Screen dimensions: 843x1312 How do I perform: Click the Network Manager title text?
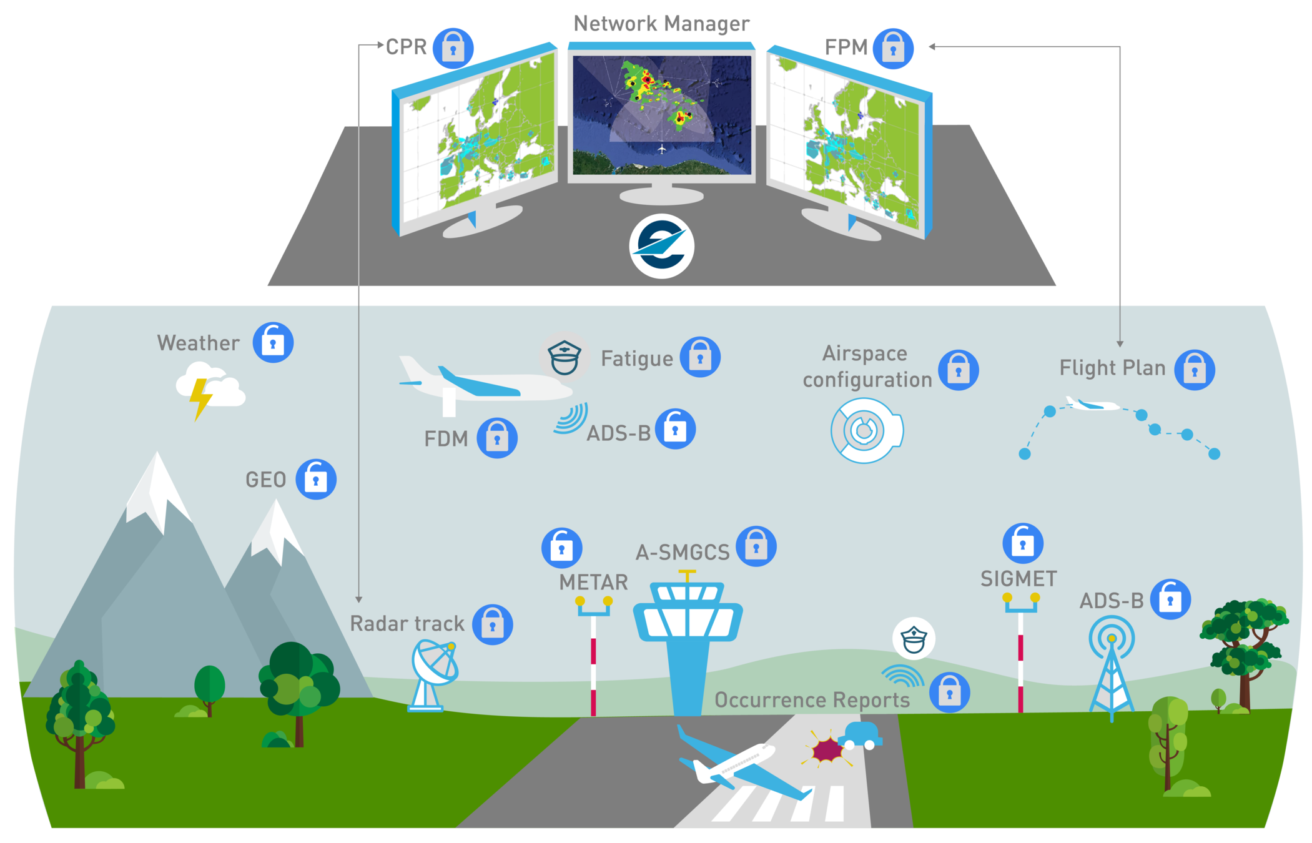(x=661, y=24)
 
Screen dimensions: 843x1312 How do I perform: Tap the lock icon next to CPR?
(x=453, y=48)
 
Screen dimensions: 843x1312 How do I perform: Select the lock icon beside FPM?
(x=893, y=48)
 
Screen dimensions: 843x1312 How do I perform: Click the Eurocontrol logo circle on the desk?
(x=661, y=246)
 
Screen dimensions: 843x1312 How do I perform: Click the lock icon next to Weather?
(x=273, y=342)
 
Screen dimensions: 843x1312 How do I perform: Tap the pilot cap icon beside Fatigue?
(x=565, y=357)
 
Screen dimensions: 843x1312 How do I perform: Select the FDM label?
(x=446, y=439)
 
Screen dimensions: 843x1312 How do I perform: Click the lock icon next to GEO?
(x=316, y=479)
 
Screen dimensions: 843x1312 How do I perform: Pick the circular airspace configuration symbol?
(x=866, y=430)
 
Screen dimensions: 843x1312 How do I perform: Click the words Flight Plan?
(x=1112, y=368)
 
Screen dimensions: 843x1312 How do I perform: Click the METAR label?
(x=593, y=582)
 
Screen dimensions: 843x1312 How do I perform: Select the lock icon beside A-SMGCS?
(x=756, y=546)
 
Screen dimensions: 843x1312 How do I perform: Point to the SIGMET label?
(x=1019, y=579)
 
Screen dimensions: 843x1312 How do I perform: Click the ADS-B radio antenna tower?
(x=1112, y=668)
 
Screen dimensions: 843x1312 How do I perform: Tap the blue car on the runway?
(x=861, y=736)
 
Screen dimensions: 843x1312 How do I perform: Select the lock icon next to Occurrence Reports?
(x=949, y=693)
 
